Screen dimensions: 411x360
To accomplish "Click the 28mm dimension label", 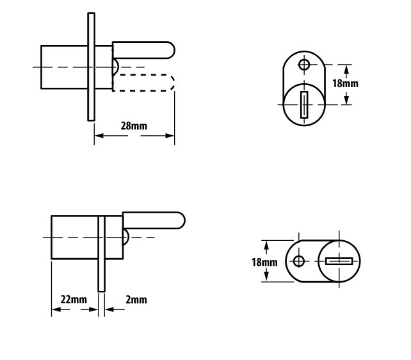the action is (x=134, y=126).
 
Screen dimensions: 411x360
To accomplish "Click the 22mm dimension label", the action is (x=74, y=299).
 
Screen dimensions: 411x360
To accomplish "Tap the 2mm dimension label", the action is (x=136, y=299).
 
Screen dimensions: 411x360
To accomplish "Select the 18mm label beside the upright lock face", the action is (x=345, y=83).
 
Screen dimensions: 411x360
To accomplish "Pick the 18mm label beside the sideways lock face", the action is (x=264, y=262).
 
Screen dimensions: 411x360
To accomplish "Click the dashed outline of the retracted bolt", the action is (x=143, y=83).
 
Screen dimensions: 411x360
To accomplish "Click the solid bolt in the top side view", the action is (x=143, y=50).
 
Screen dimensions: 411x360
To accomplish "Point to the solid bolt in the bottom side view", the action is (x=154, y=220).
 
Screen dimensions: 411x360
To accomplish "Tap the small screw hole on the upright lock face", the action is (x=304, y=64).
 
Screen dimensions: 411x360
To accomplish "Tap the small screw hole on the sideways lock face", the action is (x=299, y=261).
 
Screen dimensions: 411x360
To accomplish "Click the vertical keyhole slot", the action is (x=304, y=105).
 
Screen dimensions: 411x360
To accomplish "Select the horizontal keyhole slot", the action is (x=339, y=261).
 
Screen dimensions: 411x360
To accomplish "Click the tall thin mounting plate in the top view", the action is (x=91, y=67).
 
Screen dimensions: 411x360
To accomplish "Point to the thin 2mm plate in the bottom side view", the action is (x=101, y=254).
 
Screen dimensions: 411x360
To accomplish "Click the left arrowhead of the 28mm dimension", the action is (x=99, y=136).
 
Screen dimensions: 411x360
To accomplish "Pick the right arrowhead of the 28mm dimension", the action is (x=170, y=136).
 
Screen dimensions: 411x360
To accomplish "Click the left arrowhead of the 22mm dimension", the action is (x=56, y=309).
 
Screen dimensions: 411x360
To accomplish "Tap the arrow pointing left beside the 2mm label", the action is (x=109, y=309).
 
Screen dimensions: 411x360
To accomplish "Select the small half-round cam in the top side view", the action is (x=116, y=67).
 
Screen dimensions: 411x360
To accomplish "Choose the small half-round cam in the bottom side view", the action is (x=126, y=237).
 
